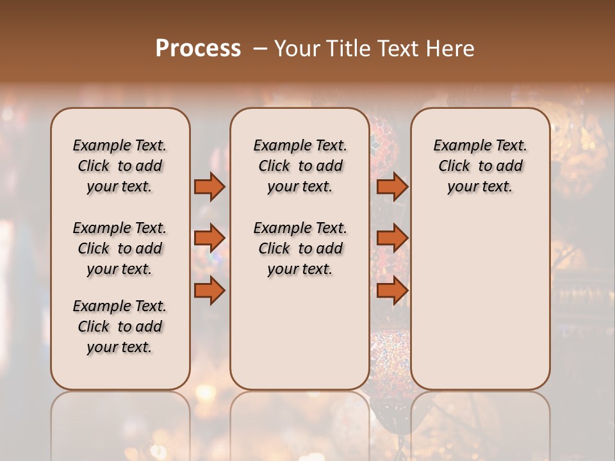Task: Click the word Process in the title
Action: click(198, 49)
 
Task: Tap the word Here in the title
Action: click(451, 49)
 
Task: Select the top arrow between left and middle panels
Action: click(209, 186)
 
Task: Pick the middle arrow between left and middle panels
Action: click(209, 238)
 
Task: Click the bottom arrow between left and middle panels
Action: click(209, 291)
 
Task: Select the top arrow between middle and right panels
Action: click(392, 186)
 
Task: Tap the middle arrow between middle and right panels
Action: click(392, 238)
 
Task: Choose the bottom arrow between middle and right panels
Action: click(392, 291)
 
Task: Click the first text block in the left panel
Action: click(120, 166)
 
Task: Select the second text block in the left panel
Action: click(120, 248)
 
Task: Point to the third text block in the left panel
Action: click(120, 327)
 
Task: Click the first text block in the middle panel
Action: click(300, 166)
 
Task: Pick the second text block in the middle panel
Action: click(300, 248)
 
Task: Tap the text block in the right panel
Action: click(480, 166)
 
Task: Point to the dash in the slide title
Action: click(260, 49)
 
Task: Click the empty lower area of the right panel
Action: click(480, 301)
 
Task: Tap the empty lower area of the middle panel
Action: click(300, 333)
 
